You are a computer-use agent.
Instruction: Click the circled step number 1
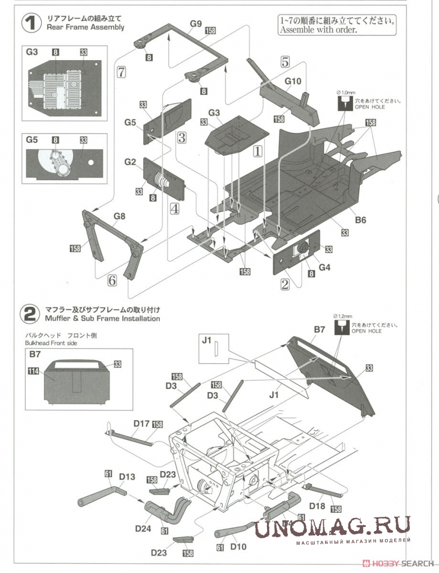[x=30, y=22]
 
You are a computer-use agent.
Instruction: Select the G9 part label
[x=196, y=24]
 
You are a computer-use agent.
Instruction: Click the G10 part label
[x=292, y=81]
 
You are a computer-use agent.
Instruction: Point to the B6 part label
[x=360, y=220]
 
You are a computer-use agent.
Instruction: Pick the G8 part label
[x=119, y=215]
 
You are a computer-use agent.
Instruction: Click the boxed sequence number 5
[x=284, y=61]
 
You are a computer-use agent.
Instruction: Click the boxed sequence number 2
[x=285, y=284]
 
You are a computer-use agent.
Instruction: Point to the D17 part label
[x=142, y=424]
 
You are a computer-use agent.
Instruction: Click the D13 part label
[x=127, y=477]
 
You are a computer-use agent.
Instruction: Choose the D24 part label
[x=143, y=528]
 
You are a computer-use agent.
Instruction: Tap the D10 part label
[x=238, y=546]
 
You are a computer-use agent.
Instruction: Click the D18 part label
[x=317, y=506]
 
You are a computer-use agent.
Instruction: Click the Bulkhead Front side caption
[x=49, y=343]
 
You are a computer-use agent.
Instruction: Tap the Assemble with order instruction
[x=318, y=30]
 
